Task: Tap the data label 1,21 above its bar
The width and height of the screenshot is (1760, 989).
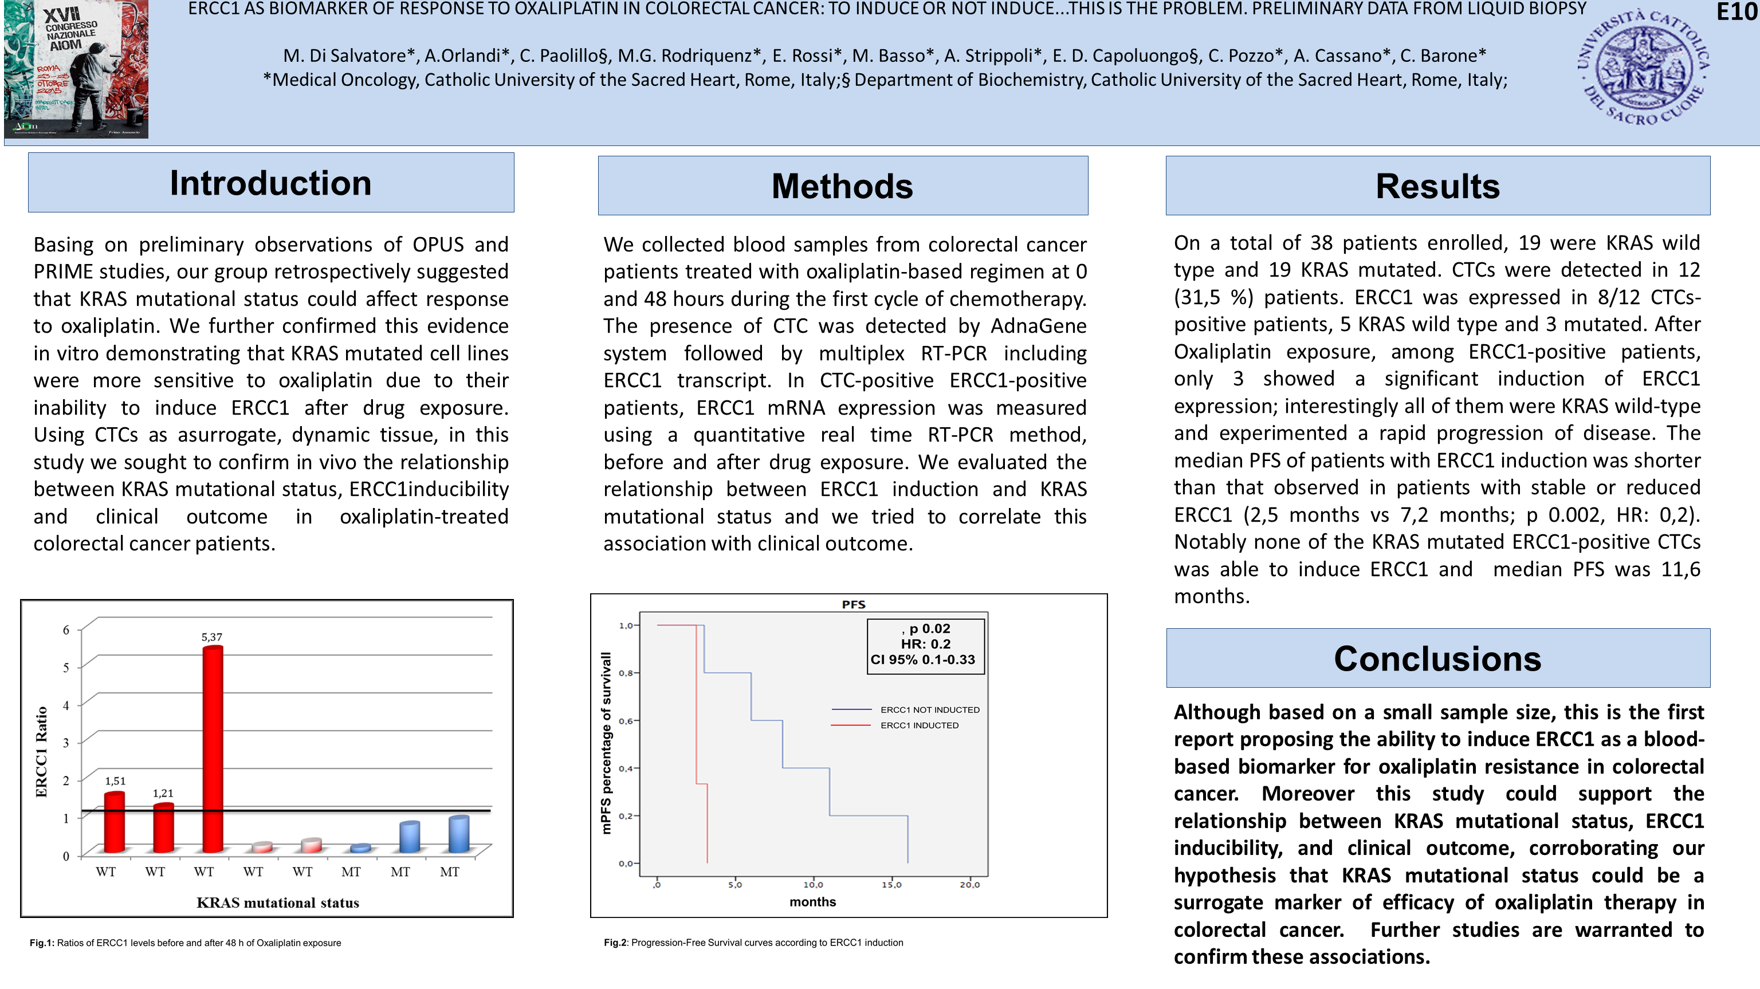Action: coord(163,793)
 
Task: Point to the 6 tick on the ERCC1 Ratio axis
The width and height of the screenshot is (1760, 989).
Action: coord(66,630)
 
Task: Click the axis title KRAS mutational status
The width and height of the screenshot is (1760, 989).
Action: coord(277,903)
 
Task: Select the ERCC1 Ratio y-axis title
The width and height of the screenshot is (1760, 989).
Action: coord(42,751)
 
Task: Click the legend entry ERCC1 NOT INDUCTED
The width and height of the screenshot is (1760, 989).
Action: coord(929,710)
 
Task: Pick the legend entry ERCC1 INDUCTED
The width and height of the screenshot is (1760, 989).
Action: coord(919,726)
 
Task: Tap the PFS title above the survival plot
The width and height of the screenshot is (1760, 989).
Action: coord(853,605)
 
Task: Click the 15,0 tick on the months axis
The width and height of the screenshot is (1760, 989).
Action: coord(891,885)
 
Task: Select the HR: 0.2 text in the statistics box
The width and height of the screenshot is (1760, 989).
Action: coord(925,644)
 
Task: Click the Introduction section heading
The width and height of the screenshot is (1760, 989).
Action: coord(270,183)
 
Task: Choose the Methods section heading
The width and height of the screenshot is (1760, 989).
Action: coord(842,187)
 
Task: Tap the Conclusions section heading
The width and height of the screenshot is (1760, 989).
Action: coord(1437,659)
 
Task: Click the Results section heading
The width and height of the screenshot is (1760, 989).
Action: coord(1437,187)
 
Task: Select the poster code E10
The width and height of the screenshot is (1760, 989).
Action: coord(1737,12)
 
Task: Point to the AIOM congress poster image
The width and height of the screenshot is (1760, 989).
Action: coord(76,69)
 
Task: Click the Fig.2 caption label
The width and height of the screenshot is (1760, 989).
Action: coord(615,943)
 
